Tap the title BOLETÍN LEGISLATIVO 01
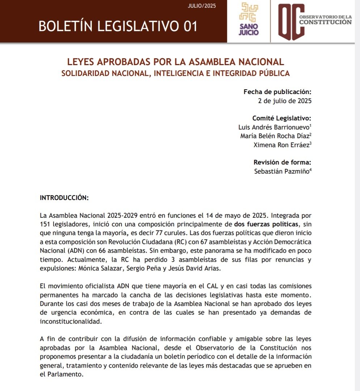118,26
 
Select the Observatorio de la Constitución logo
314,22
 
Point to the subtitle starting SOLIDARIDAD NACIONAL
175,73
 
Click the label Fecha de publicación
277,92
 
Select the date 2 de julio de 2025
284,101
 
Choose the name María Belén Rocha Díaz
275,136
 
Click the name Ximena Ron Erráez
281,145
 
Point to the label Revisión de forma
282,162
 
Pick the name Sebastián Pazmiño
282,171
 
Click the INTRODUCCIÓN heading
64,198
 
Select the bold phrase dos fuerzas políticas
267,224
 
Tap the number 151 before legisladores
46,224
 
